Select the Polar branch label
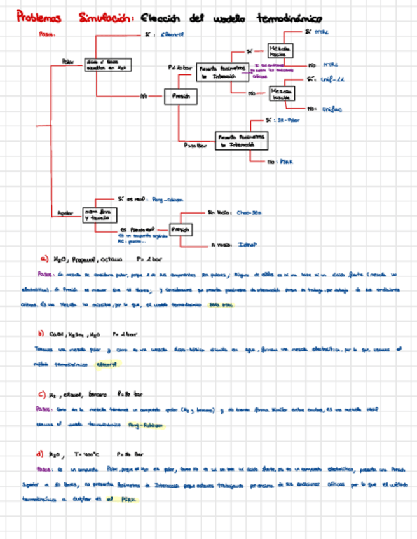[67, 62]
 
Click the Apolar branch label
[66, 213]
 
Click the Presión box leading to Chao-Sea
[181, 229]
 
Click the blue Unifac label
[332, 109]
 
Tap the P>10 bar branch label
[196, 146]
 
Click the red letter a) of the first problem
[44, 259]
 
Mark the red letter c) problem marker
[41, 393]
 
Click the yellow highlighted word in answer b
[107, 364]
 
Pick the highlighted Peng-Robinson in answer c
[146, 424]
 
